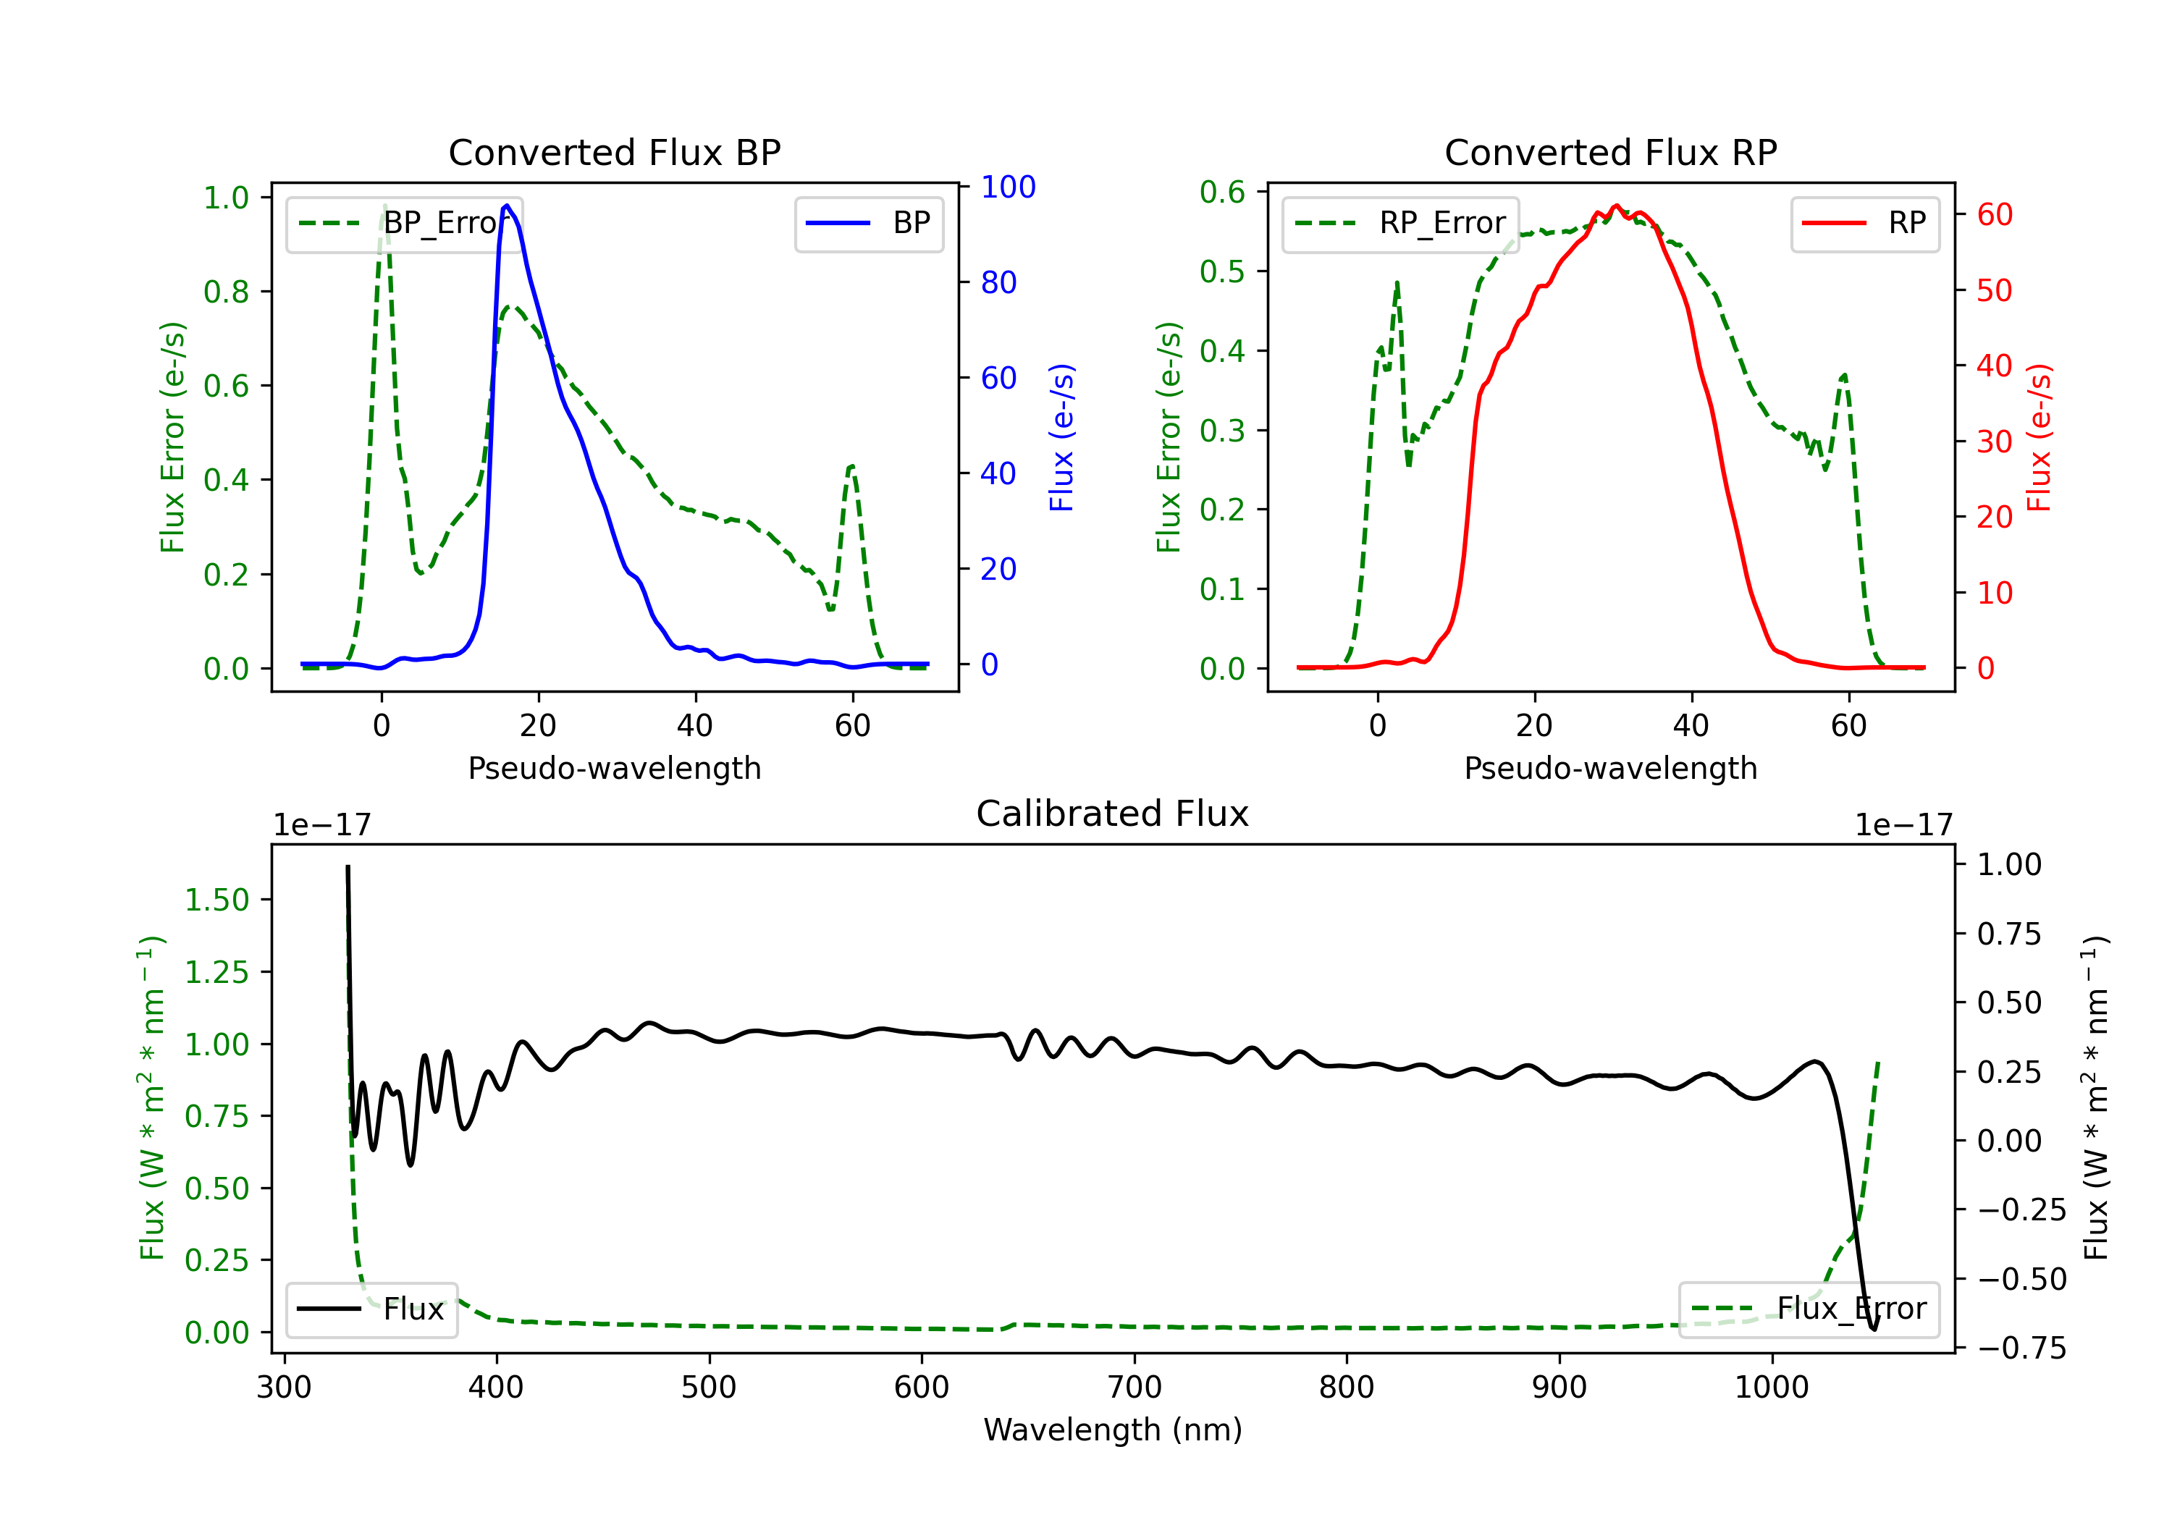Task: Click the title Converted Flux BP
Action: pos(614,152)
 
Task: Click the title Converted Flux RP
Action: pos(1610,152)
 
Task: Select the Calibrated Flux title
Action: pos(1113,814)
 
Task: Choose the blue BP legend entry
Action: pos(868,223)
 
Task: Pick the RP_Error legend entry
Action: pos(1400,223)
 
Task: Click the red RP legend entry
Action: pos(1864,223)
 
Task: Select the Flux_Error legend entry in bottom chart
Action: pos(1809,1309)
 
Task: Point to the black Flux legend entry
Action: pos(371,1309)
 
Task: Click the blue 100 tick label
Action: pos(1009,187)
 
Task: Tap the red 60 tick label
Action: pos(1995,215)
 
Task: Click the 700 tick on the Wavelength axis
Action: pos(1135,1388)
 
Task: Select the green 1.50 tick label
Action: pos(216,900)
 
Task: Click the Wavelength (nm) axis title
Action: pos(1113,1430)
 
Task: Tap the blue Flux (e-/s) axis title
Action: pos(1062,438)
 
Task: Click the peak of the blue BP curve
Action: pos(507,206)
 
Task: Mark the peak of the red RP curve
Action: pos(1616,206)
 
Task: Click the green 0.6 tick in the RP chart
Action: pos(1222,192)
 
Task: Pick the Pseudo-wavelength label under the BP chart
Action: pos(614,768)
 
